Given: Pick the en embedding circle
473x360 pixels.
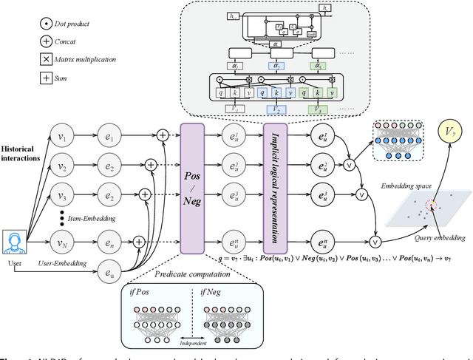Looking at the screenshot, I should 112,241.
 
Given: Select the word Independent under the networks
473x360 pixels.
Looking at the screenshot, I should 188,344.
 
